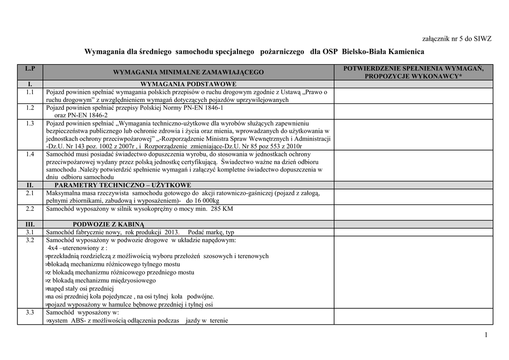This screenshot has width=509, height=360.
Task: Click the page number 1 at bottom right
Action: coord(486,338)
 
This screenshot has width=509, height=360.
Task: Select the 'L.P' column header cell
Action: coord(30,68)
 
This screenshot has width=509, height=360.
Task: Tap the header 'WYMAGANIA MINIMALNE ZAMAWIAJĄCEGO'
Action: coord(188,73)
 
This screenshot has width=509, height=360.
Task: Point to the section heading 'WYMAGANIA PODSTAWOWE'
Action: coord(188,84)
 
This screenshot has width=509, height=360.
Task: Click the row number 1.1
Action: coord(30,92)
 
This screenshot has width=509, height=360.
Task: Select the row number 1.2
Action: coord(30,107)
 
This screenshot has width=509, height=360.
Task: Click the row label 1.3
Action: coord(30,123)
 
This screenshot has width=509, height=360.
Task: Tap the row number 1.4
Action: coord(30,154)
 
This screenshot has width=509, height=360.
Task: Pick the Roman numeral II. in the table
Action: coord(30,185)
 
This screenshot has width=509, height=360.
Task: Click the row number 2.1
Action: coord(30,192)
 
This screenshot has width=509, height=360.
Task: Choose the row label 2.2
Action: coord(30,208)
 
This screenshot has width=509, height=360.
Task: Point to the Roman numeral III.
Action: coord(30,224)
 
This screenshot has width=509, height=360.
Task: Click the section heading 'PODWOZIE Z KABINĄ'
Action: coord(108,224)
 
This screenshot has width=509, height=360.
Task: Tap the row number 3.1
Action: coord(30,232)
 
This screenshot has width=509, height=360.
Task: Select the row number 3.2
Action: coord(30,240)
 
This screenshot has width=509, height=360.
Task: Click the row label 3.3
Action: coord(30,313)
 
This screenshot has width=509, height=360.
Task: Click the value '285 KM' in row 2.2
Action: coord(221,209)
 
